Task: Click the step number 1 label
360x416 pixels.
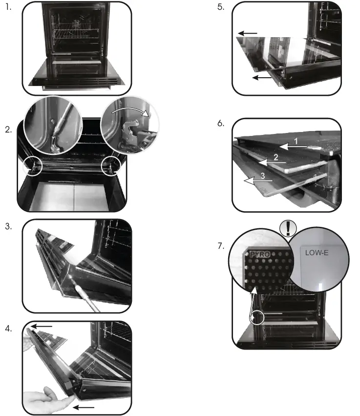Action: coord(8,7)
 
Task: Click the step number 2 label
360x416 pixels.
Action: coord(8,130)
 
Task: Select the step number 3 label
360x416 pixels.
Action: coord(8,226)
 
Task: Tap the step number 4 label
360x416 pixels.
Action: coord(8,328)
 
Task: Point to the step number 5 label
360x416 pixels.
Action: coord(221,7)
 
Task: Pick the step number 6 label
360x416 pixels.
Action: coord(221,123)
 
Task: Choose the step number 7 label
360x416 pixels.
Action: coord(221,246)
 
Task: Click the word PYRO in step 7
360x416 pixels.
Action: coord(260,254)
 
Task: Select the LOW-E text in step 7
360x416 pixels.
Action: coord(317,253)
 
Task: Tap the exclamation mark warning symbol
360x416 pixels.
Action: coord(288,228)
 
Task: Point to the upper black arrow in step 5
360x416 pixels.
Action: coord(248,33)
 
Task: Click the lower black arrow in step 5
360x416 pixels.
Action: coord(262,78)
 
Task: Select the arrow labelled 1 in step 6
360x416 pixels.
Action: coord(294,147)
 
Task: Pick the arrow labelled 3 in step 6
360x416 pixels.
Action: coord(258,181)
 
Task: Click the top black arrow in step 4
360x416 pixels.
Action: coord(42,326)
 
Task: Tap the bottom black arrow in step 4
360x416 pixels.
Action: coord(84,407)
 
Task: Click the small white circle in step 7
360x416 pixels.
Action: coord(257,317)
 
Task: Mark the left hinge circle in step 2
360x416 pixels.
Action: coord(33,166)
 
